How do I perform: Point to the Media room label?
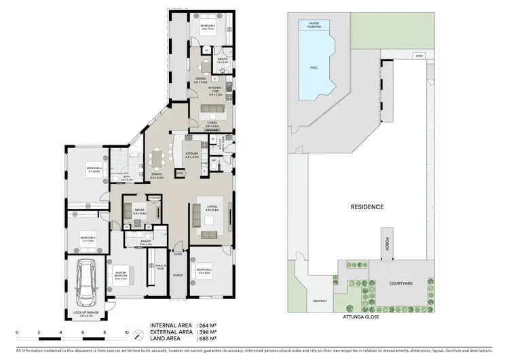[x=140, y=211]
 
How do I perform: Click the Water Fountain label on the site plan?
[x=315, y=25]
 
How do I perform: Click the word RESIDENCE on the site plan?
[x=367, y=206]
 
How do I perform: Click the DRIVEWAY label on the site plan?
[x=320, y=301]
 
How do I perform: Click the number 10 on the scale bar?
[x=126, y=333]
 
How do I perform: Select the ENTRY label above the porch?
[x=178, y=255]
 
